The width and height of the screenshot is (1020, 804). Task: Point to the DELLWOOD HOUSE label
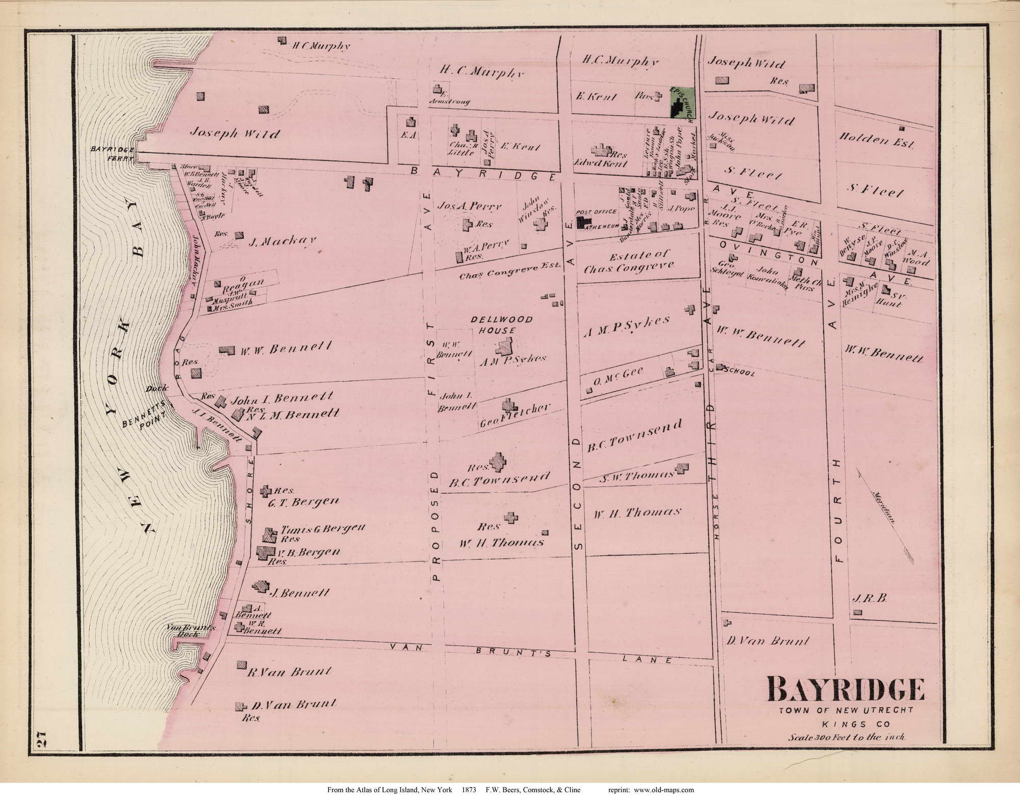tap(501, 325)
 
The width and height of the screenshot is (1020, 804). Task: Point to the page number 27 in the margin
tap(42, 739)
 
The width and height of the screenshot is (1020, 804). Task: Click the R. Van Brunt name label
tap(289, 672)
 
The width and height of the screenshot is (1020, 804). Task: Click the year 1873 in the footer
tap(469, 790)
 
